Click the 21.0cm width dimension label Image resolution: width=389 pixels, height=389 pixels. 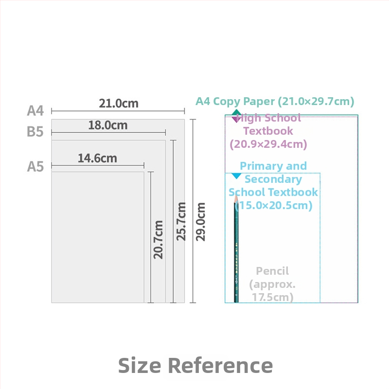tap(119, 104)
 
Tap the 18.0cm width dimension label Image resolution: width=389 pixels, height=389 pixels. tap(108, 125)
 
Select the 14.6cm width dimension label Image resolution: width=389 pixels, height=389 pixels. tap(97, 159)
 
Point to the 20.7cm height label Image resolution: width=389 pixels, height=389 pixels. tap(158, 240)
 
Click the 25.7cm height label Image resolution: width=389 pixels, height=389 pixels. tap(181, 221)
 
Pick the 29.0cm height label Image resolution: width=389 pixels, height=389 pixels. tap(200, 222)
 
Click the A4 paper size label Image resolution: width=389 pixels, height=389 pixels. tap(35, 111)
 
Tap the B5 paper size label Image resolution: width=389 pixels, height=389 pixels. tap(35, 132)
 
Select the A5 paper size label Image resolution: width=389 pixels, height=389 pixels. tap(35, 166)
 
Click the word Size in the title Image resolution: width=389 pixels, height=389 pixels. tap(140, 366)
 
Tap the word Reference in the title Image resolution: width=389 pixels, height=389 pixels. tap(221, 366)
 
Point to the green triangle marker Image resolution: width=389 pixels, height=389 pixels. tap(236, 112)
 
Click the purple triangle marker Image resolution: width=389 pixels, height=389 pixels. tap(235, 119)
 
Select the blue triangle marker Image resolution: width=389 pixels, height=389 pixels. tap(236, 176)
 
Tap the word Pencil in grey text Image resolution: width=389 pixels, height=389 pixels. tap(272, 271)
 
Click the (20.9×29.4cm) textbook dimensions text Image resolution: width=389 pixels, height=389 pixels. tap(268, 144)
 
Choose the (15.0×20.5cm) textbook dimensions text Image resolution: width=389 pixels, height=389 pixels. tap(273, 205)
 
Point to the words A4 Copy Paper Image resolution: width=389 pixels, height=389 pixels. tap(235, 102)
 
